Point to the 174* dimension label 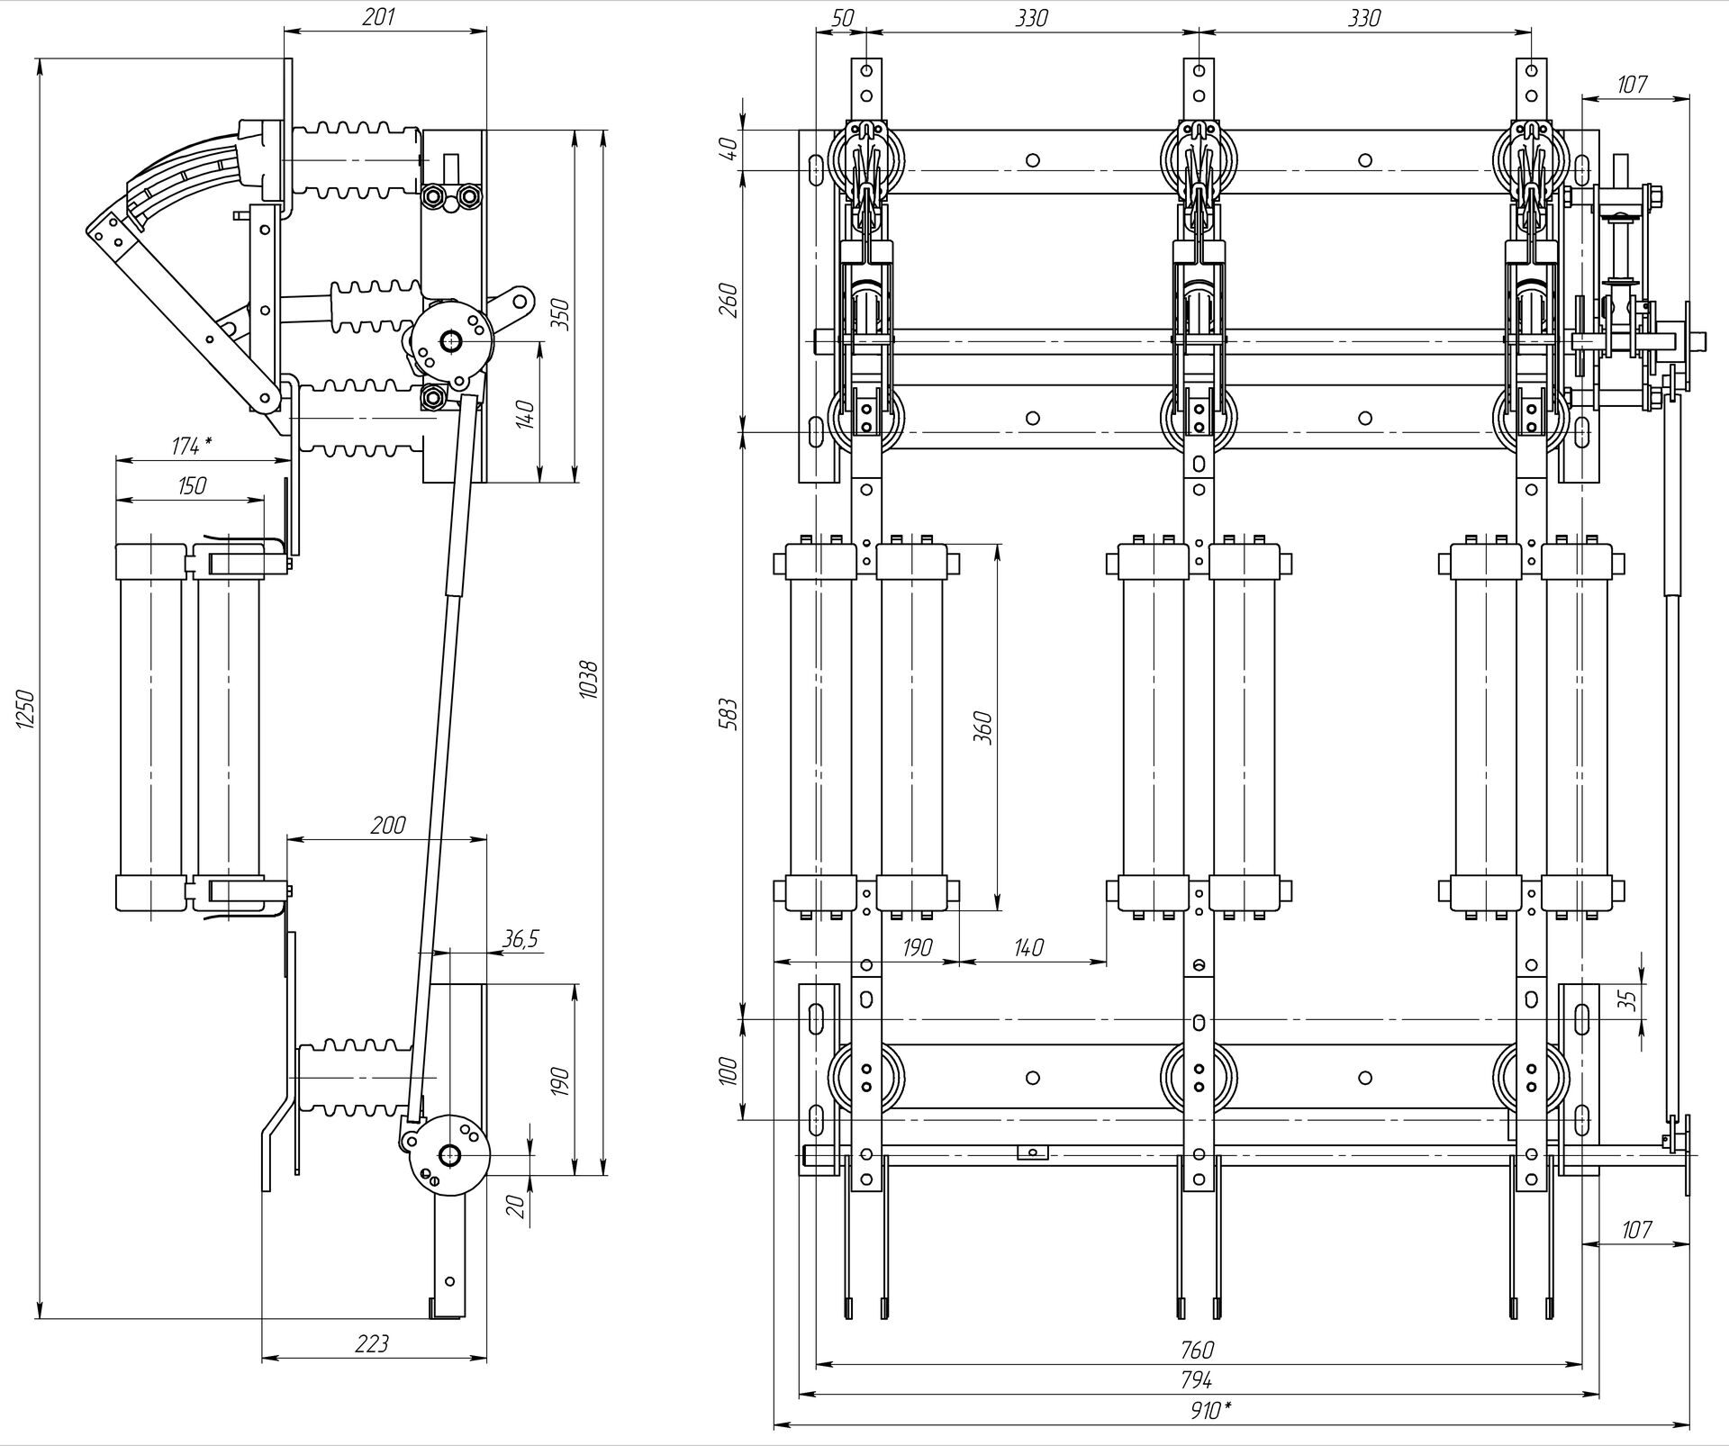[192, 446]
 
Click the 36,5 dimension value [520, 939]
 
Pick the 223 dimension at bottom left [372, 1343]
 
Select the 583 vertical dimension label [729, 713]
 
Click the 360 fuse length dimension [983, 727]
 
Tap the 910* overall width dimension [1207, 1411]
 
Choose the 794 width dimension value [1197, 1379]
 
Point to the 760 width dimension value [1197, 1350]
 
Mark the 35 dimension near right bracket [1626, 1000]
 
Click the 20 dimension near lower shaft [516, 1205]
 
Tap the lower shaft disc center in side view [449, 1155]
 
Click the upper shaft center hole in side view [449, 341]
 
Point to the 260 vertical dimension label [729, 300]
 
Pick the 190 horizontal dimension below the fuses [916, 947]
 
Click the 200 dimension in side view [387, 824]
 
